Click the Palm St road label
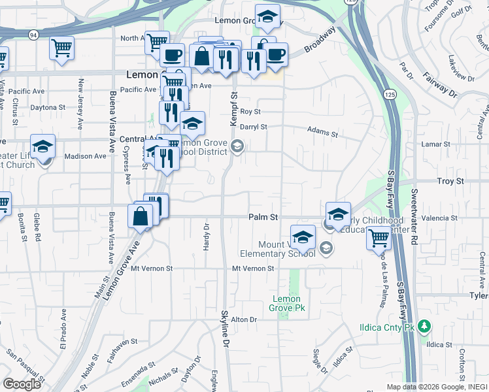click(x=263, y=216)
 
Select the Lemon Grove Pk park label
click(x=288, y=303)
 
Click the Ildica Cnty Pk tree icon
click(x=424, y=325)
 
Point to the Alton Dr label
click(x=245, y=319)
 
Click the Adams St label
click(x=323, y=133)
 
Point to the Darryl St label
click(x=254, y=127)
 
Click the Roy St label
click(x=250, y=112)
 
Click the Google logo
click(x=22, y=384)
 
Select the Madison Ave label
click(x=85, y=156)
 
